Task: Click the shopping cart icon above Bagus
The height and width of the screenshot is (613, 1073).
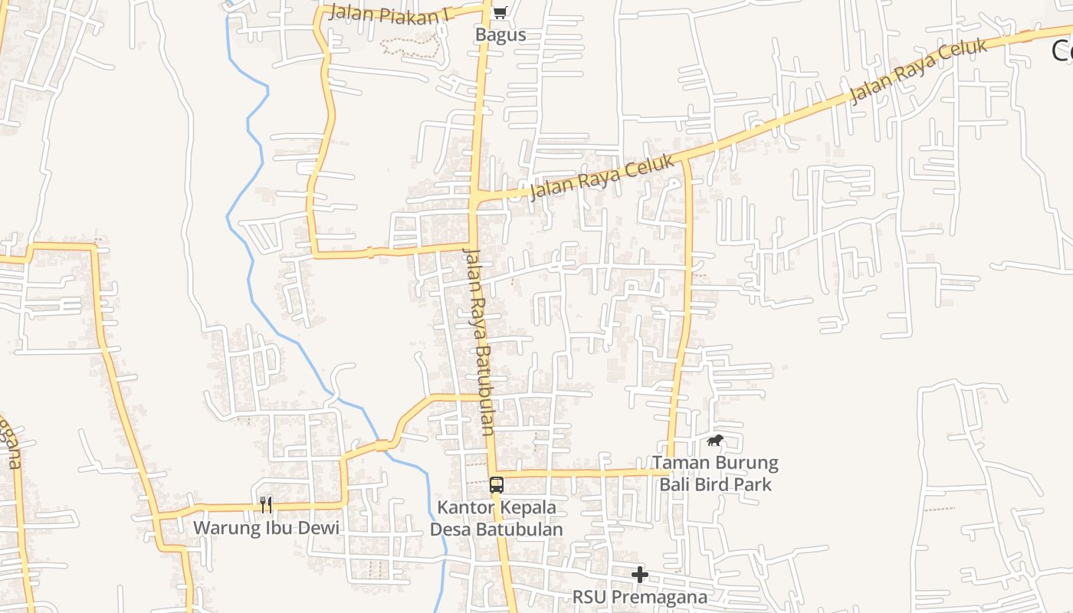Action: (x=500, y=11)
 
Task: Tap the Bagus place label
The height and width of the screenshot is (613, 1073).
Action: (x=500, y=35)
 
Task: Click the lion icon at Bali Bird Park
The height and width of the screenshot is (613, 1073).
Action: (x=716, y=441)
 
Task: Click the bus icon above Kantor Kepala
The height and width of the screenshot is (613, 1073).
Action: (x=497, y=484)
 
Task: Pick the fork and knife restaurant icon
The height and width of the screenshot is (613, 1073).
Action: (x=266, y=504)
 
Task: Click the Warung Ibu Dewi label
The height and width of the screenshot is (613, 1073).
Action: (x=265, y=528)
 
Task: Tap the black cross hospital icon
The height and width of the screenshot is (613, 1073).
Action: (x=640, y=574)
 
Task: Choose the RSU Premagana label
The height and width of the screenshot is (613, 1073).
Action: (x=640, y=597)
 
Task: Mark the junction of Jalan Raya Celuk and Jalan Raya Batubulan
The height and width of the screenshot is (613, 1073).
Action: (x=475, y=200)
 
